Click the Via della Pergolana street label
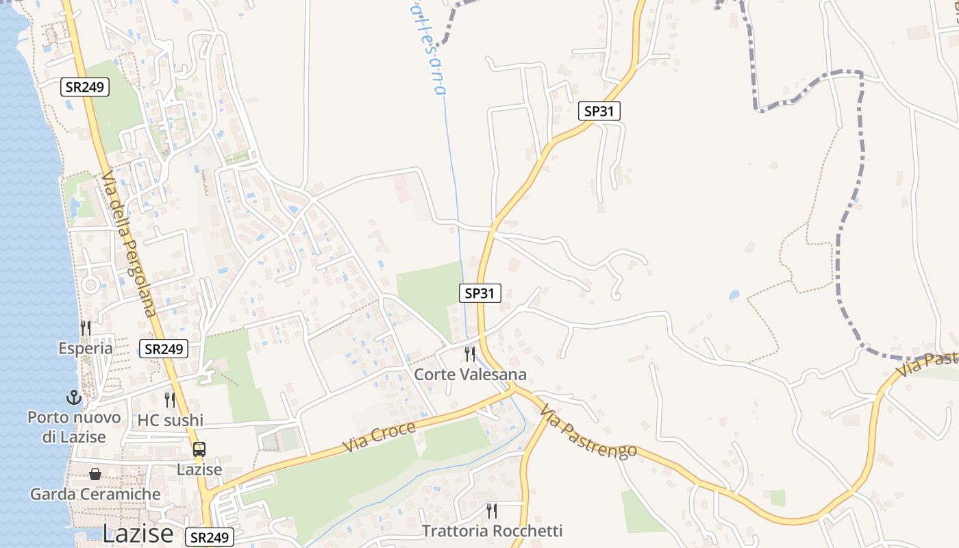point(130,245)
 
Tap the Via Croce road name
point(379,436)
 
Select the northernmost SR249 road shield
point(84,88)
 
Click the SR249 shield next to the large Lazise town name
point(210,537)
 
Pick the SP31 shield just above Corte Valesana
point(480,293)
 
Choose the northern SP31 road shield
point(599,111)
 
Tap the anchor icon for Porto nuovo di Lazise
point(73,397)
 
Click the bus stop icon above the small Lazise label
point(199,449)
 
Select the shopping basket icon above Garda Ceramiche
point(95,474)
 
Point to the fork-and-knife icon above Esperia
point(86,328)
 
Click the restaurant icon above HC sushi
point(170,400)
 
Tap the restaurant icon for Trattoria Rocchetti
point(491,511)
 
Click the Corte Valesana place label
point(470,374)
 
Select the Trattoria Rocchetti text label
point(492,531)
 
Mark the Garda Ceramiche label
point(95,494)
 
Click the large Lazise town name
point(138,534)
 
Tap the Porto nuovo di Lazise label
point(74,427)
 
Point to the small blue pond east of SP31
point(734,296)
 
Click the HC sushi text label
point(171,420)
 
